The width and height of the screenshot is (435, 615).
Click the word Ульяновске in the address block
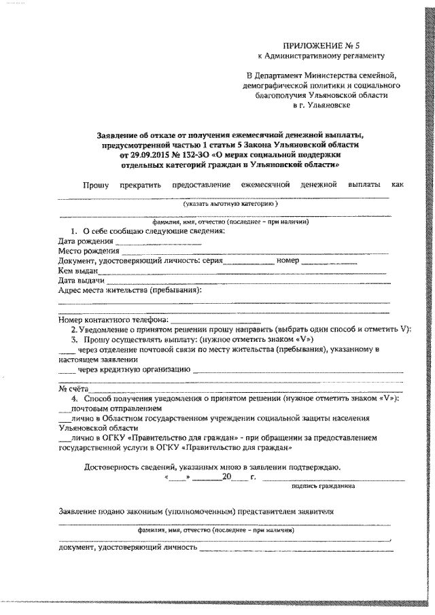[328, 107]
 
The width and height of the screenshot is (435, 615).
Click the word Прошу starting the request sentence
[96, 185]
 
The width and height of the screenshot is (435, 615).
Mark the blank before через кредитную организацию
[67, 370]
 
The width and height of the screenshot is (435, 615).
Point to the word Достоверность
[114, 467]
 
